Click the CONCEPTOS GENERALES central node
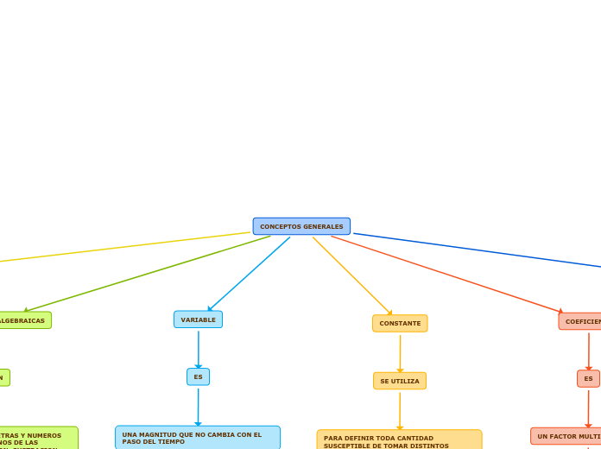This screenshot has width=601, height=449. pos(301,226)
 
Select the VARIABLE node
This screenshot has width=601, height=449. pos(198,319)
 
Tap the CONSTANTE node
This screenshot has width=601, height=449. pos(400,323)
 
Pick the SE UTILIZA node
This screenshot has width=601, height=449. pos(400,381)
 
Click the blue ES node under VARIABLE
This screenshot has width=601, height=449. pos(198,376)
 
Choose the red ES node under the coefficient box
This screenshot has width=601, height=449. pos(588,378)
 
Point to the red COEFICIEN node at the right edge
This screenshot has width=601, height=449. pos(581,321)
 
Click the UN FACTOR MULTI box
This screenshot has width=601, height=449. pos(566,436)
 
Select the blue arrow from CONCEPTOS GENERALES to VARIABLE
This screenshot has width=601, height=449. pos(249,275)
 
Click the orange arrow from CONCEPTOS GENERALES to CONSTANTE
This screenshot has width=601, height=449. pos(352,276)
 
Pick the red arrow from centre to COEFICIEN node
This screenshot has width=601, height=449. pos(446,274)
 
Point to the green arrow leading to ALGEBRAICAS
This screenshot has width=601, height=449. pos(147,273)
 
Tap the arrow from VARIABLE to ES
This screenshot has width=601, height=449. pos(198,350)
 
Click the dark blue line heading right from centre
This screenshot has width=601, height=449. pos(475,250)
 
